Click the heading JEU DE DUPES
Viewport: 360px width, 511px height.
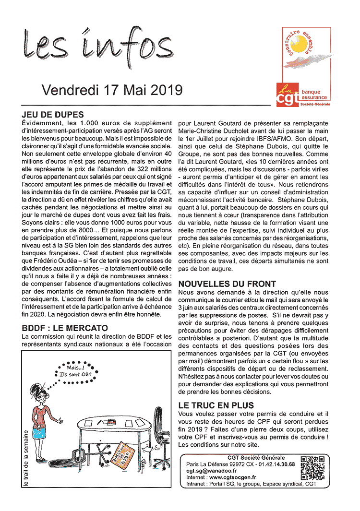53,115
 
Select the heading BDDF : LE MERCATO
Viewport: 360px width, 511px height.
65,328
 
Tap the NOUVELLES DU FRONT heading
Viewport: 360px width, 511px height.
227,284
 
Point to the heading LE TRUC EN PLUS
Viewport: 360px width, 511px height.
216,405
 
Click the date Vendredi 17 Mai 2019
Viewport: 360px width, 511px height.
112,90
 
